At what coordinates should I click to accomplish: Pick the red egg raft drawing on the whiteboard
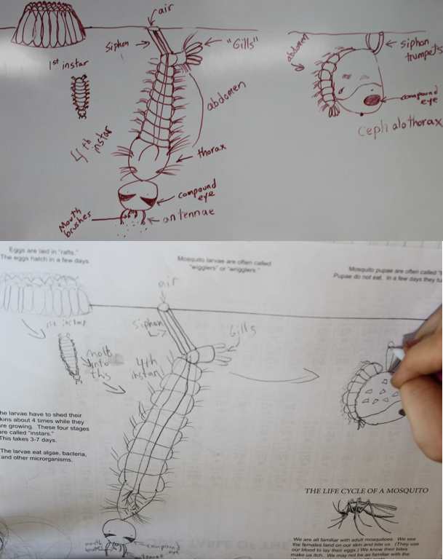pos(49,25)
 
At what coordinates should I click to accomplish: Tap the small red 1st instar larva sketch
pos(78,95)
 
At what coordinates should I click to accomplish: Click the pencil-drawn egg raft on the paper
pos(45,294)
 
